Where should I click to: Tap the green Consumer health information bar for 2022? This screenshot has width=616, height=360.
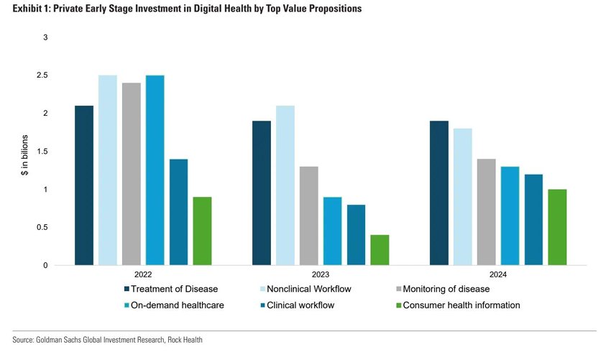click(x=202, y=231)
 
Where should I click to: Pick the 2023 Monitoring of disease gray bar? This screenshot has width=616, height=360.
click(x=308, y=216)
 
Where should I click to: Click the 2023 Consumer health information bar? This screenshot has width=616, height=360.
click(x=380, y=250)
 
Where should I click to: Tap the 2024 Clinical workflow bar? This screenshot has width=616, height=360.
click(x=534, y=220)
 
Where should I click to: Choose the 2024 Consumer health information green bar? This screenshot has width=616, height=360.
click(x=558, y=227)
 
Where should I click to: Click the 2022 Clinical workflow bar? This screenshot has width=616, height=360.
click(x=178, y=212)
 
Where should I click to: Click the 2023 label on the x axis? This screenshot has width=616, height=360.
click(x=320, y=274)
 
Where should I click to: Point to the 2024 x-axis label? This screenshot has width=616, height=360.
click(x=498, y=274)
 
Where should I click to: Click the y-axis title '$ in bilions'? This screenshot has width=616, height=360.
click(x=24, y=152)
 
